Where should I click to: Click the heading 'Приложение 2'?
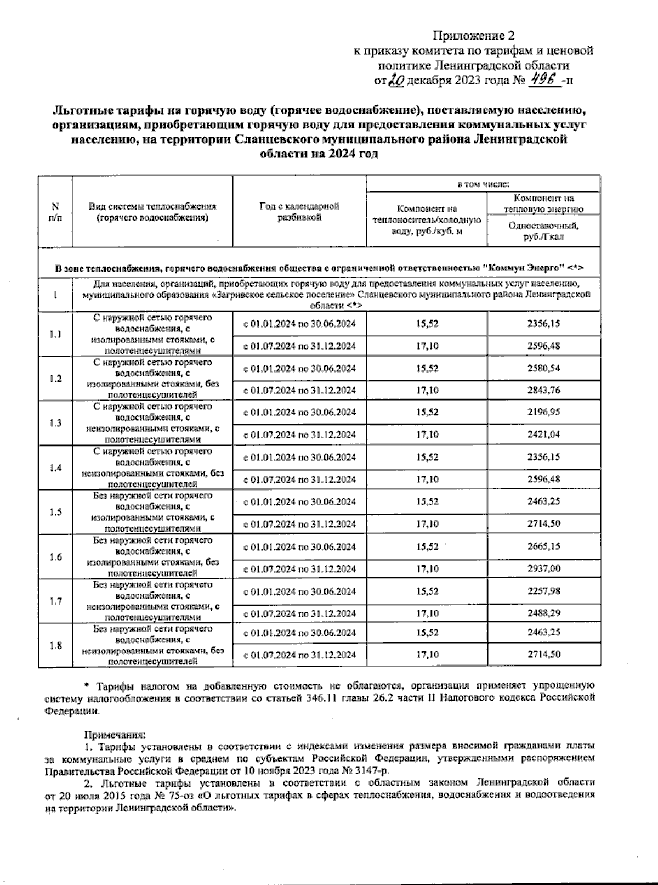[x=474, y=36]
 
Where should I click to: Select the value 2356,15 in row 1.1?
[x=543, y=324]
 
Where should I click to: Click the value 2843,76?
[x=543, y=391]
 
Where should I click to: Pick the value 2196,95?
[x=543, y=412]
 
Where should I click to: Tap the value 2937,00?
[x=543, y=569]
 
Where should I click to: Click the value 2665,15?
[x=543, y=546]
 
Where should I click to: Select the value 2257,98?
[x=543, y=591]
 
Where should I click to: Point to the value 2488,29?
[x=543, y=613]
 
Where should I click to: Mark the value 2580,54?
[x=543, y=368]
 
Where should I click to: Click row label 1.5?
[x=55, y=512]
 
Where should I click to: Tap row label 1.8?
[x=55, y=646]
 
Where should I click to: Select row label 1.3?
[x=55, y=423]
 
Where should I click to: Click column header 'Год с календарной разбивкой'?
[x=299, y=212]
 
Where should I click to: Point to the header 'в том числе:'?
[x=483, y=184]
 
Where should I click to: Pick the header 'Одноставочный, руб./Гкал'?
[x=543, y=231]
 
